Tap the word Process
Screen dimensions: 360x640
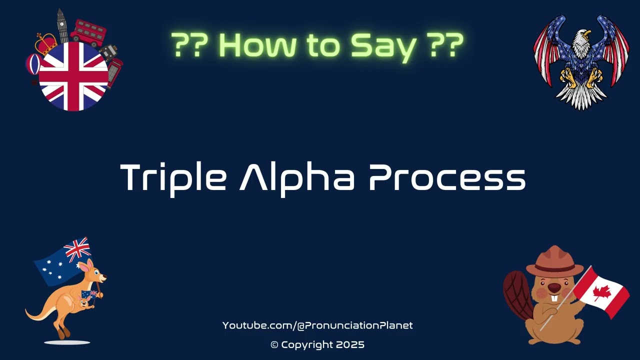click(447, 178)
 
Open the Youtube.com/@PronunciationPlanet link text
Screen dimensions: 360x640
click(317, 325)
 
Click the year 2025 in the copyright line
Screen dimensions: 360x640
click(350, 344)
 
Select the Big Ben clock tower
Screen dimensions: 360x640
click(62, 25)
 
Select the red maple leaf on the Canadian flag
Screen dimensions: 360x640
click(602, 292)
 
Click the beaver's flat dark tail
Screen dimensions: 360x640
click(515, 295)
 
